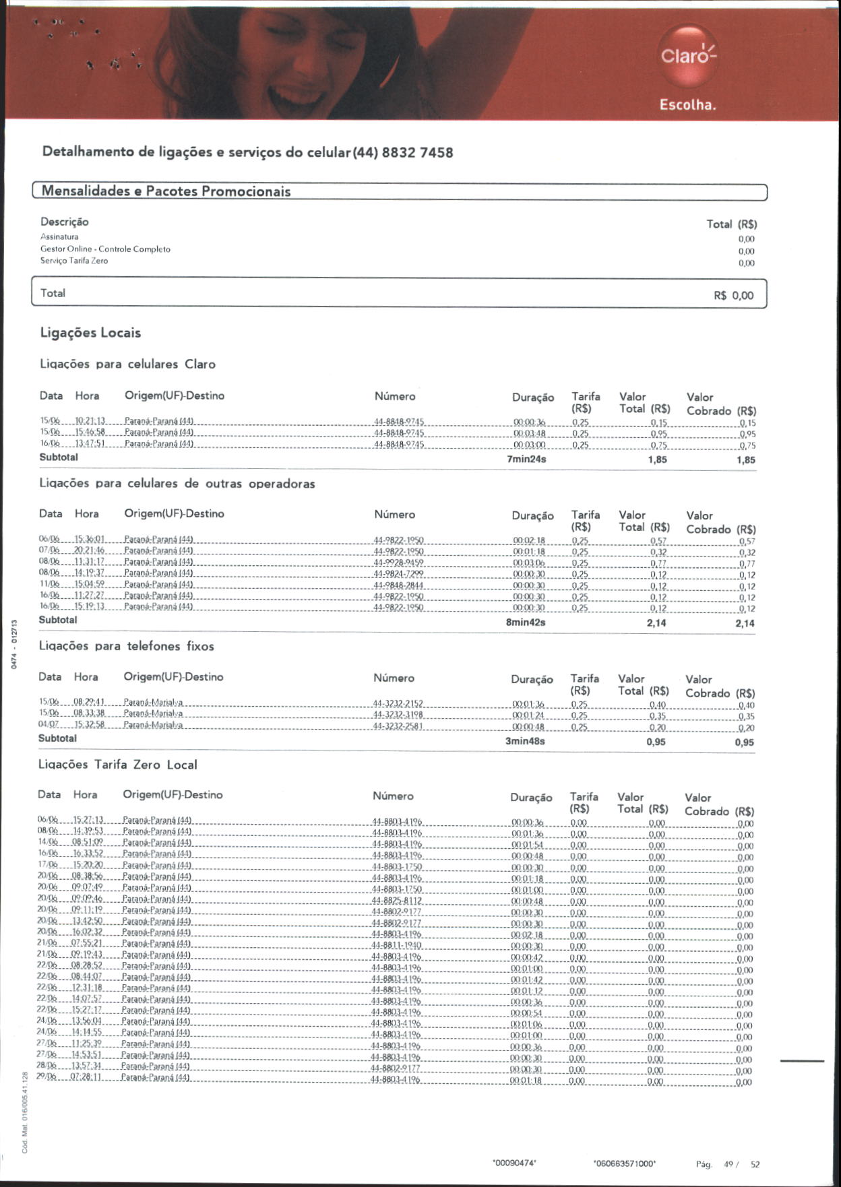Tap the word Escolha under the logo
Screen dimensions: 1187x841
687,105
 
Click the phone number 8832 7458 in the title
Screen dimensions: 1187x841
418,152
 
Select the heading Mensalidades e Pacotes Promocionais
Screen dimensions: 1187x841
166,191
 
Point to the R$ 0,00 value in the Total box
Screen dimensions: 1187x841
733,295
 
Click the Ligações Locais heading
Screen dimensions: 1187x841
90,333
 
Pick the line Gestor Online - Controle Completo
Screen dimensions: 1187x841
105,249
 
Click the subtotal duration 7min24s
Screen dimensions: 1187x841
526,459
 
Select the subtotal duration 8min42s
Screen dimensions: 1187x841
526,622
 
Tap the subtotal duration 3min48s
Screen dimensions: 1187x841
525,741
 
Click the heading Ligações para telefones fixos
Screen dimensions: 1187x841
126,646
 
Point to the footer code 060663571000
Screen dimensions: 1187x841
625,1163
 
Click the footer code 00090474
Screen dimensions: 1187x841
514,1163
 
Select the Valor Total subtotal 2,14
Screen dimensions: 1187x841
656,623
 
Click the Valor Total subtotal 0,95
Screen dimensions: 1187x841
656,742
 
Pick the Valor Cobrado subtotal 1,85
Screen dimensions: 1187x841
746,460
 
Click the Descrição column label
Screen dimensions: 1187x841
64,222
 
